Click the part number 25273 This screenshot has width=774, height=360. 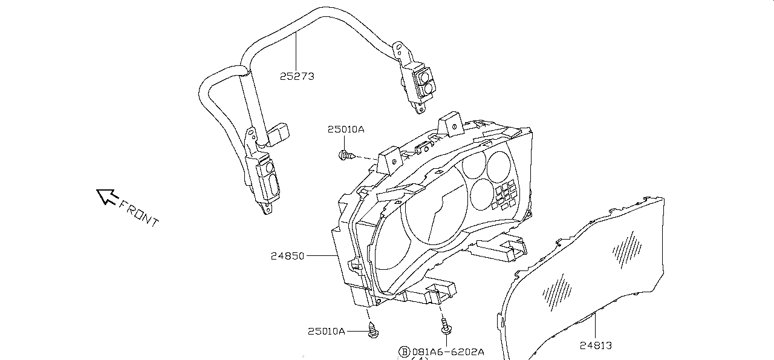click(297, 76)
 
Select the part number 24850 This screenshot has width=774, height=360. click(287, 256)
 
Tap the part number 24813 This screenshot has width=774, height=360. click(596, 346)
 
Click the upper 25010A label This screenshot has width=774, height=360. click(346, 129)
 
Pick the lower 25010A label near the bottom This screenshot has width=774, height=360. click(326, 331)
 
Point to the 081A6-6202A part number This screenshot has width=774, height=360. click(448, 352)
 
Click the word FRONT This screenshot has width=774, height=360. click(139, 212)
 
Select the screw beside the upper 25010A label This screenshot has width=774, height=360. click(345, 155)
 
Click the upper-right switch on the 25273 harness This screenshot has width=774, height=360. click(421, 82)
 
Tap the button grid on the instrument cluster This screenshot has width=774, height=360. click(505, 194)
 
